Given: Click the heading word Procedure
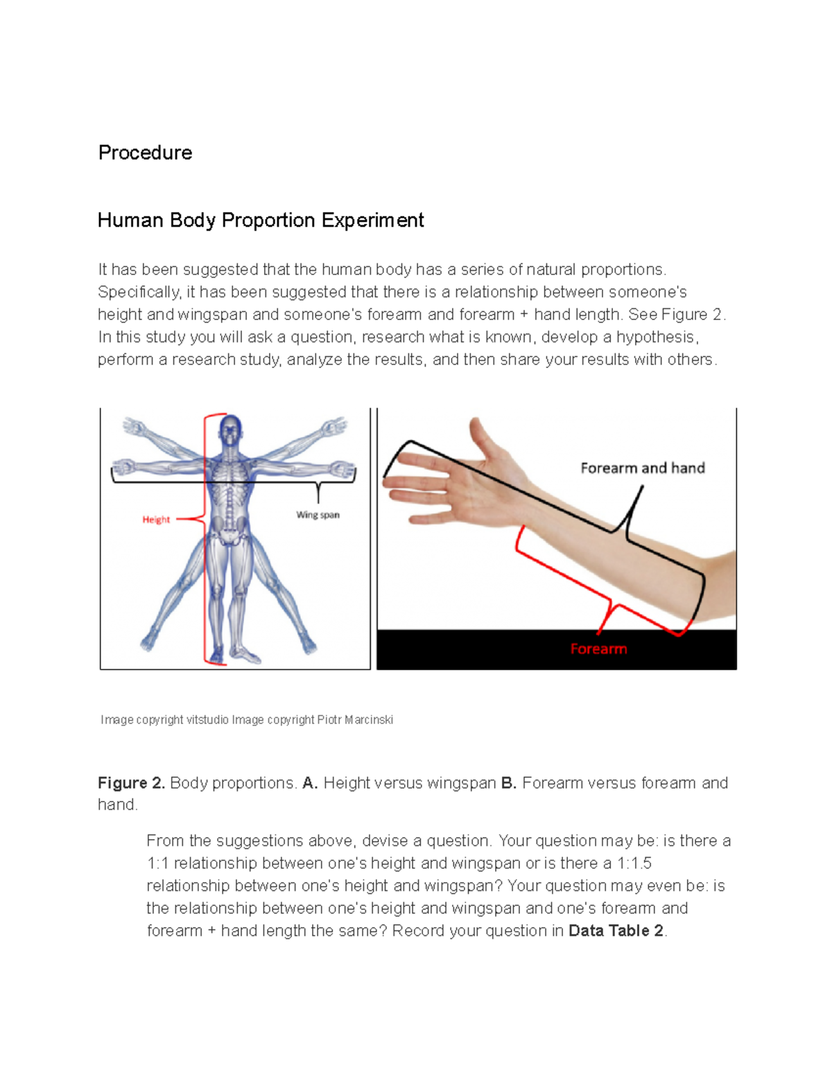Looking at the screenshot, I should [145, 152].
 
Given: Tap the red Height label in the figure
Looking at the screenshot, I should [156, 520].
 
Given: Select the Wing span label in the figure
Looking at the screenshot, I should [318, 515].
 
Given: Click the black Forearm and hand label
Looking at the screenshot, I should [642, 468].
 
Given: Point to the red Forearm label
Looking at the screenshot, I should [598, 649].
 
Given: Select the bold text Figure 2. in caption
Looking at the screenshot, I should [131, 783].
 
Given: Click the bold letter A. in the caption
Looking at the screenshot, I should [310, 783].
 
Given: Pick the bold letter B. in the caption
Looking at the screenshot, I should [508, 783].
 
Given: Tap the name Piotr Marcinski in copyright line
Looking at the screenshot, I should [355, 720].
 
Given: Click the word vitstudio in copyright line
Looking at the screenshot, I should [207, 720].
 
